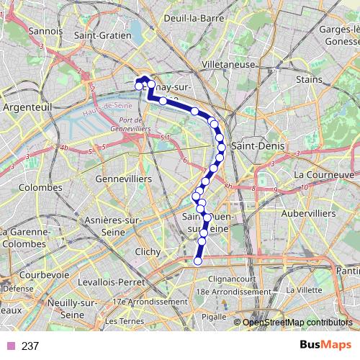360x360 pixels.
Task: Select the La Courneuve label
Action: pyautogui.click(x=324, y=174)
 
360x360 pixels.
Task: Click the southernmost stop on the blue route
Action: pyautogui.click(x=198, y=261)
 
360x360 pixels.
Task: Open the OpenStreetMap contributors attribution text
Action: pyautogui.click(x=297, y=322)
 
